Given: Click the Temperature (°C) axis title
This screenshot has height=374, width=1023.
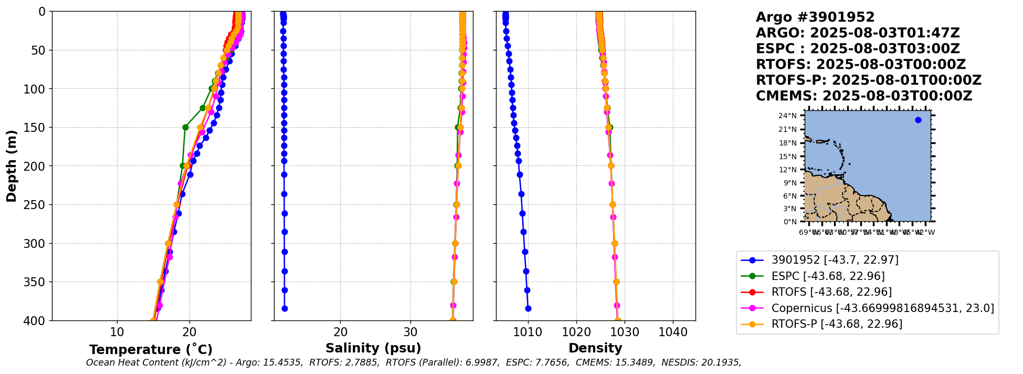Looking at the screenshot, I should tap(151, 350).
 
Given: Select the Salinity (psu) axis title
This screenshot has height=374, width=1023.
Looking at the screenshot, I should tap(373, 348).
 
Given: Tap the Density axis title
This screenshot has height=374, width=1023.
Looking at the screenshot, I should tap(595, 348).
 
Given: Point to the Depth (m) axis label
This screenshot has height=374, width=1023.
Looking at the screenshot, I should tap(12, 166).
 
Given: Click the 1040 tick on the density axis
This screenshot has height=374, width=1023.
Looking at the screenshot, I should tap(673, 333).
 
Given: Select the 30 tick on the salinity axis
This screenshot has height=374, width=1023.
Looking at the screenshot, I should tap(410, 333).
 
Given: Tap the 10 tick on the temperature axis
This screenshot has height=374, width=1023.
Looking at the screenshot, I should tap(117, 333).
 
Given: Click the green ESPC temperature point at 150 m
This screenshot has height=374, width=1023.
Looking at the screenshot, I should tap(185, 127).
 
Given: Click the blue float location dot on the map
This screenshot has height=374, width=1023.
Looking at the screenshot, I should tap(918, 120).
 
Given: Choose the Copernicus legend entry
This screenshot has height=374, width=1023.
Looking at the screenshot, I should tap(882, 308).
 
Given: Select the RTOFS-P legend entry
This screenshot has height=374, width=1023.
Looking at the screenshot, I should tap(837, 324).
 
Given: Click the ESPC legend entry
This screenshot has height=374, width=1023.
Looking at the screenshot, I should tap(828, 276).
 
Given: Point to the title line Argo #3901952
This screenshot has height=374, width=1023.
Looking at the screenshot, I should tap(815, 17).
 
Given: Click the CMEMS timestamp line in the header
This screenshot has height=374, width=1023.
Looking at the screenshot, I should tap(863, 96).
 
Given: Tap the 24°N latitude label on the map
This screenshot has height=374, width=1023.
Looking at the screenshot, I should tap(787, 116).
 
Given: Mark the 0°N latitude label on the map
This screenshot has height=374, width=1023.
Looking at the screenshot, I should tap(789, 222).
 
